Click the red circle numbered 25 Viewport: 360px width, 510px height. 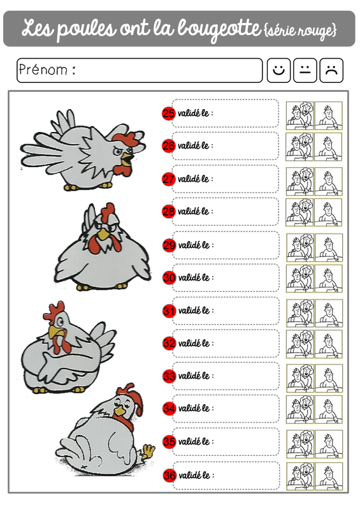pos(168,113)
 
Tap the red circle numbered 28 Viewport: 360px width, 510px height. pos(168,212)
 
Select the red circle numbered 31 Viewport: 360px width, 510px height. pos(169,310)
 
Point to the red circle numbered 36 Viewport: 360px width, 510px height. pos(169,476)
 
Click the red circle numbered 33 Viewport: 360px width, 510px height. pos(169,376)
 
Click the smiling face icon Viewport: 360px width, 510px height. pos(278,70)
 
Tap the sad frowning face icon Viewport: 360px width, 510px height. pos(331,70)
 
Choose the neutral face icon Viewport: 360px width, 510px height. pos(305,70)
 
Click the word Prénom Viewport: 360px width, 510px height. pos(43,69)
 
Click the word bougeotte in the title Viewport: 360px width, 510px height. pos(220,29)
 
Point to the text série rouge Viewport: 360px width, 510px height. pos(301,30)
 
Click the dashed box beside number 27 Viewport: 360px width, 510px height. pos(225,179)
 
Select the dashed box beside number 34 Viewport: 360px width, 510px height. pos(226,409)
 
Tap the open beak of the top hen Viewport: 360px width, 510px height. pos(127,158)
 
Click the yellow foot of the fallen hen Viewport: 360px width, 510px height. pos(148,451)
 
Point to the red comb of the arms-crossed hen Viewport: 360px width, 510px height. pos(54,311)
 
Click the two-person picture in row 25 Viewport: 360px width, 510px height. pos(300,115)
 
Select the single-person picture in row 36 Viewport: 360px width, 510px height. pos(329,476)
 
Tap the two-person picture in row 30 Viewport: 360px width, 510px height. pos(301,279)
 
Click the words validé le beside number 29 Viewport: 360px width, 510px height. pos(194,245)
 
